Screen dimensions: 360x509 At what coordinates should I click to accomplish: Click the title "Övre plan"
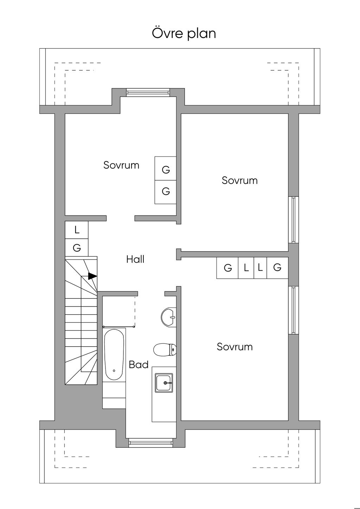click(x=184, y=33)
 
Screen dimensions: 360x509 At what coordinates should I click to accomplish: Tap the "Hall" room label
click(x=135, y=259)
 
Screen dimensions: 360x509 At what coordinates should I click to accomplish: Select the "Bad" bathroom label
click(x=139, y=365)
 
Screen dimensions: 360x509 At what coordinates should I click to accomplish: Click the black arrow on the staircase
click(x=92, y=276)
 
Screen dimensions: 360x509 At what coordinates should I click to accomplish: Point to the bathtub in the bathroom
click(x=114, y=355)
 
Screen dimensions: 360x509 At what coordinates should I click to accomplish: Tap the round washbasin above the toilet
click(x=168, y=317)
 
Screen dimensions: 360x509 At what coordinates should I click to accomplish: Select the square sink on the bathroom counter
click(x=164, y=383)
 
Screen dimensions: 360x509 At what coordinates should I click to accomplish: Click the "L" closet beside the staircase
click(x=77, y=230)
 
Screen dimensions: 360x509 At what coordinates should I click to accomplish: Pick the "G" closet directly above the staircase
click(x=77, y=247)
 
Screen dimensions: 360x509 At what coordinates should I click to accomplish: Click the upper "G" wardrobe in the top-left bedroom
click(x=166, y=168)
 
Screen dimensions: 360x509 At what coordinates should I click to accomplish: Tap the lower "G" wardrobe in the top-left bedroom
click(x=166, y=192)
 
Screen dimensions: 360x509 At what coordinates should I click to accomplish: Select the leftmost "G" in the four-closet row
click(x=227, y=268)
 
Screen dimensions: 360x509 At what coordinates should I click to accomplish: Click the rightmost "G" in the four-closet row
click(x=277, y=268)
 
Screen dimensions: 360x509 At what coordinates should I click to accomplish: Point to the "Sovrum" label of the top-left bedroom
click(x=121, y=165)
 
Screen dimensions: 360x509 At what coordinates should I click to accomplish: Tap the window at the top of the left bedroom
click(x=148, y=92)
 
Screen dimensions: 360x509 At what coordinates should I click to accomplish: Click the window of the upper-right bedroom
click(x=294, y=220)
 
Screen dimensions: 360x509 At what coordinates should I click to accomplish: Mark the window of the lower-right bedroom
click(x=294, y=310)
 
